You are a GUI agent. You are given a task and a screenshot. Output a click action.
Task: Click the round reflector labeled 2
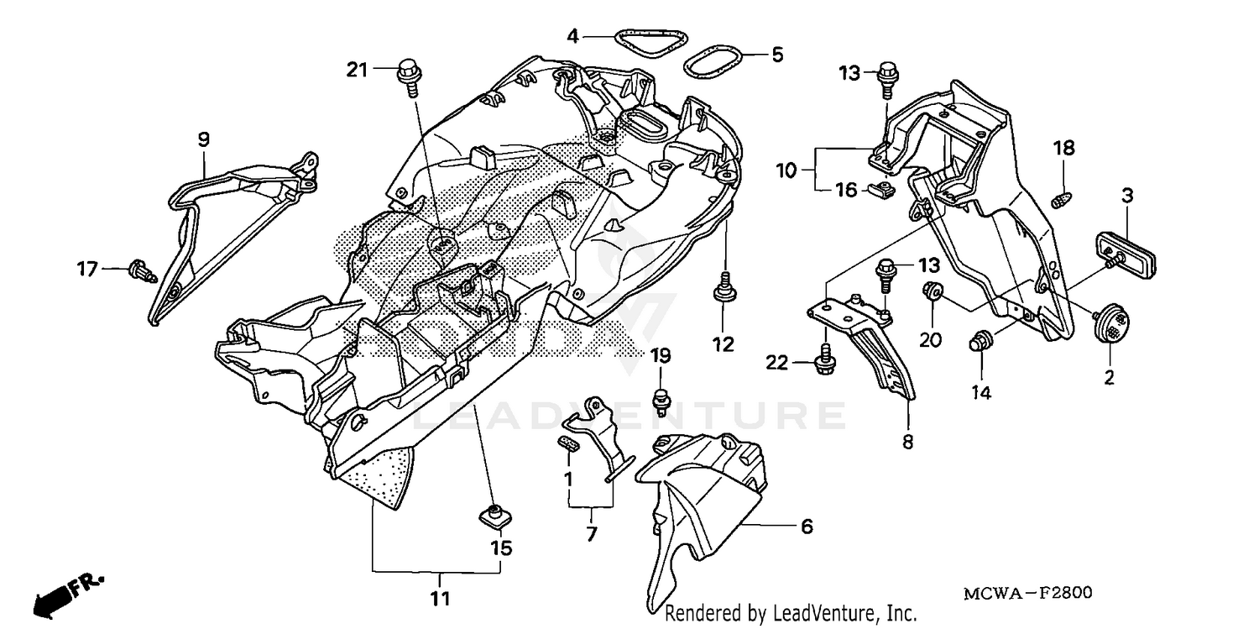coord(1110,321)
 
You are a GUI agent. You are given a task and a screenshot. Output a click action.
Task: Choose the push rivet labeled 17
coord(140,271)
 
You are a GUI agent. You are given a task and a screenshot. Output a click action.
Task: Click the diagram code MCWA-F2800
coord(1027,594)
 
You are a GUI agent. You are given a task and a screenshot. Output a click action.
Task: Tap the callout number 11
coord(440,600)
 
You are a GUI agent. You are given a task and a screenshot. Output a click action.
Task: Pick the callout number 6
coord(807,527)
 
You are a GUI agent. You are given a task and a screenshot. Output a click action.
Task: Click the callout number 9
coord(204,139)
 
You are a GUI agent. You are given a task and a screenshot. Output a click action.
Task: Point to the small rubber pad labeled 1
coord(568,443)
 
